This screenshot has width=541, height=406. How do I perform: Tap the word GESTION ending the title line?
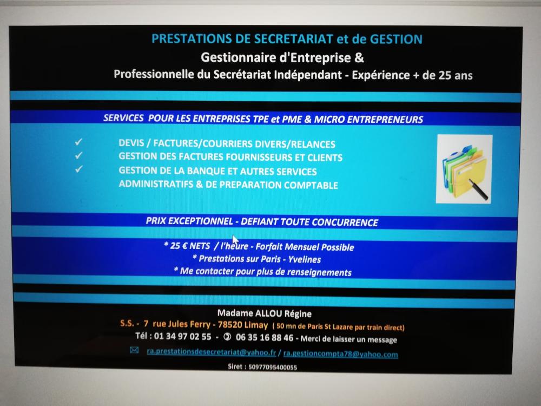pyautogui.click(x=396, y=40)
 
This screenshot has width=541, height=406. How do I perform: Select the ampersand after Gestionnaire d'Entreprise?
pyautogui.click(x=359, y=57)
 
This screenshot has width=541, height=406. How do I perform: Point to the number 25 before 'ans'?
pyautogui.click(x=445, y=75)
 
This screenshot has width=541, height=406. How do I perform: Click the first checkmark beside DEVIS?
pyautogui.click(x=78, y=141)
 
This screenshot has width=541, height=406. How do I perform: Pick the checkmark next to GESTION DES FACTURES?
pyautogui.click(x=78, y=155)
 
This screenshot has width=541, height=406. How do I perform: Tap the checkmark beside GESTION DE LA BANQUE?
pyautogui.click(x=78, y=169)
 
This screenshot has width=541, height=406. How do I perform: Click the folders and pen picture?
pyautogui.click(x=464, y=169)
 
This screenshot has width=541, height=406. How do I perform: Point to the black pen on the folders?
pyautogui.click(x=478, y=189)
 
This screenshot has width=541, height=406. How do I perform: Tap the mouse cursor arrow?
pyautogui.click(x=235, y=240)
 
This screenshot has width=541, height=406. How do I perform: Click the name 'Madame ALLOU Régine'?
pyautogui.click(x=265, y=313)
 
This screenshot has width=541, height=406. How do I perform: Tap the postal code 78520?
pyautogui.click(x=229, y=324)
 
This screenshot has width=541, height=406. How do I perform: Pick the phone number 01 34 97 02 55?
pyautogui.click(x=182, y=336)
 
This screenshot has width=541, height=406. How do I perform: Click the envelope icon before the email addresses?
pyautogui.click(x=134, y=350)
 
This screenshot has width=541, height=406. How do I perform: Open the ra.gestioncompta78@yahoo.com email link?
pyautogui.click(x=340, y=354)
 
